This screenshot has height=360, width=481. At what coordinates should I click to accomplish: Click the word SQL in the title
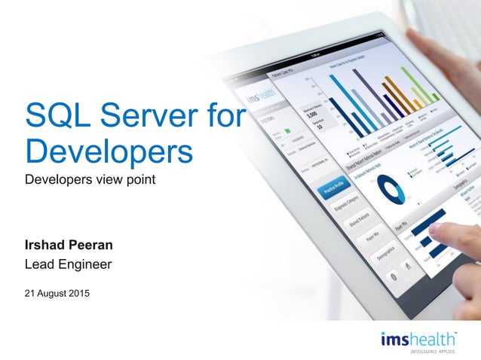(x=54, y=116)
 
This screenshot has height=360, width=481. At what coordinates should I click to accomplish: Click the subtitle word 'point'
(x=139, y=180)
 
